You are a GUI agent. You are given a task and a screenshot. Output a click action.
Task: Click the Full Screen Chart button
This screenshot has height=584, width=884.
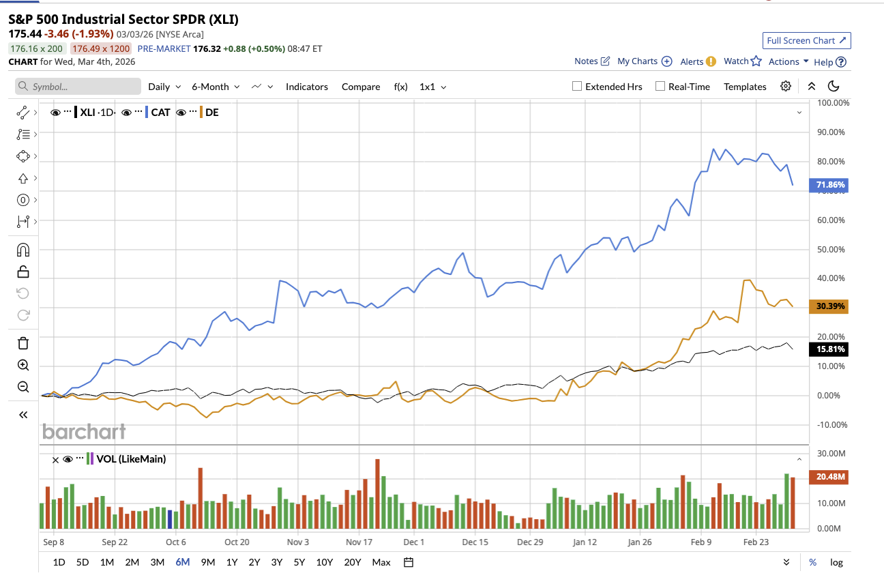[x=806, y=40]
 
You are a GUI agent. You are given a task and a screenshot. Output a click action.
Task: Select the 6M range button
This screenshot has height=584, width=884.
[x=182, y=562]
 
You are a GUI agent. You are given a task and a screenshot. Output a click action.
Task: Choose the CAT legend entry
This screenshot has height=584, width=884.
[x=160, y=112]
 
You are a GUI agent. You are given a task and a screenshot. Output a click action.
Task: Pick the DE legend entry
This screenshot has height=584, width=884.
[x=212, y=112]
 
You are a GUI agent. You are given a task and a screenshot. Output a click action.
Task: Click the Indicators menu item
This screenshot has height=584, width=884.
[x=306, y=87]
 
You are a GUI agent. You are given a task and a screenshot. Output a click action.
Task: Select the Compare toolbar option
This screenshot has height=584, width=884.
[x=361, y=87]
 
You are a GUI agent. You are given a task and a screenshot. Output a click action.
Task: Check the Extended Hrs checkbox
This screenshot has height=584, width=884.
[x=577, y=87]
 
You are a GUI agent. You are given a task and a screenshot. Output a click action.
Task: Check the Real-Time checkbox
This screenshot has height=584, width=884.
[x=660, y=87]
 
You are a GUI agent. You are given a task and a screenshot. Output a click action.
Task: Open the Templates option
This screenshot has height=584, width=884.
[x=745, y=87]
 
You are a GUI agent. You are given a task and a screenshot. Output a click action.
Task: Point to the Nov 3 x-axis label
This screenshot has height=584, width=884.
[x=298, y=542]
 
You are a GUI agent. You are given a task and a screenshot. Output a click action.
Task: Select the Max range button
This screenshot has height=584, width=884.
[x=381, y=562]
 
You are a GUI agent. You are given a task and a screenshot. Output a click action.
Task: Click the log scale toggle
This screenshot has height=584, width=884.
[x=836, y=562]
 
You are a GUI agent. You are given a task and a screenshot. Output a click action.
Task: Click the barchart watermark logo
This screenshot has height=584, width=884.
[x=84, y=431]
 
